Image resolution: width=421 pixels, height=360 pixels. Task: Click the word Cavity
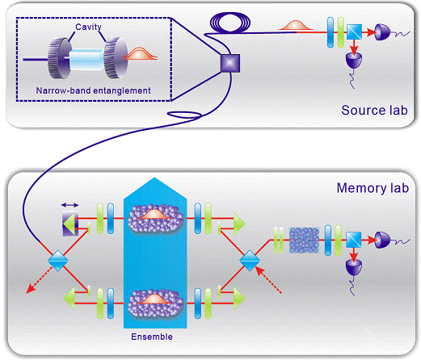click(88, 27)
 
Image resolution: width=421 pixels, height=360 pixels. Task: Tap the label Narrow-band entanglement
click(93, 90)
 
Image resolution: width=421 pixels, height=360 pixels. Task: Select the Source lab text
click(374, 111)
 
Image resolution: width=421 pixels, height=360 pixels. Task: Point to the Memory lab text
click(373, 188)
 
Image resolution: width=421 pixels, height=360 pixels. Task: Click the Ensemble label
click(152, 337)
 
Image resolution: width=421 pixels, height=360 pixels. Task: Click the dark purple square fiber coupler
click(230, 64)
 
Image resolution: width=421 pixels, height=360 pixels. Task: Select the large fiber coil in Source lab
click(230, 23)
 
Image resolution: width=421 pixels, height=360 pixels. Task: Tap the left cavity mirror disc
click(58, 58)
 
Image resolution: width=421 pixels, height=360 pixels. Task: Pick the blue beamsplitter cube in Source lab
click(354, 31)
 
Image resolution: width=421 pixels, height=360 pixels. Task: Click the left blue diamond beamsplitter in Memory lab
click(58, 261)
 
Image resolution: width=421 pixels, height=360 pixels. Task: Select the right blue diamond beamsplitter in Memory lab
click(250, 261)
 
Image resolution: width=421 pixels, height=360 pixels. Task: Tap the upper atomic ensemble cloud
click(156, 219)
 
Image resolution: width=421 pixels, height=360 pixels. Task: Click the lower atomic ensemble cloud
click(156, 303)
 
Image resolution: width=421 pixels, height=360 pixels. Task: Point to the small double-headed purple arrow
click(70, 205)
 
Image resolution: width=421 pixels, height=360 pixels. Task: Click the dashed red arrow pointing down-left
click(40, 279)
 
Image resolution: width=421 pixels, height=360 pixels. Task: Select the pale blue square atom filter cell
click(304, 241)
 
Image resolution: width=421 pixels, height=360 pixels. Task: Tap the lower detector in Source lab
click(354, 61)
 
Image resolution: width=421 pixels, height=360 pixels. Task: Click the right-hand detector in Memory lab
click(382, 240)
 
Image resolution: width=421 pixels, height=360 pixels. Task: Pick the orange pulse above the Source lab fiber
click(296, 25)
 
